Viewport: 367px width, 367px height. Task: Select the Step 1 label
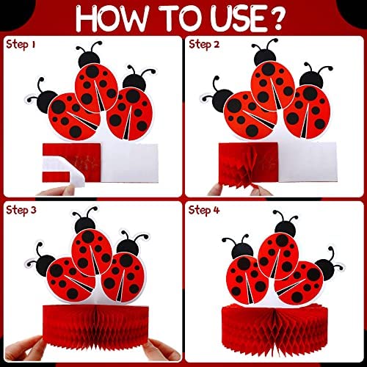tap(21, 45)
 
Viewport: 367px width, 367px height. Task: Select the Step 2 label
tap(204, 45)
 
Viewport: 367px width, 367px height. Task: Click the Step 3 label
tap(21, 211)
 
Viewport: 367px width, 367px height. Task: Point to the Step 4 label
tap(204, 211)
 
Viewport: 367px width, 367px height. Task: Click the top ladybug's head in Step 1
tap(90, 59)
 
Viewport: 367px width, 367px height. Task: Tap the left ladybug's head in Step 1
tap(47, 101)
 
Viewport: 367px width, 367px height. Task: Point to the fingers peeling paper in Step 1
tap(59, 191)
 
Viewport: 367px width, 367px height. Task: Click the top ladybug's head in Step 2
tap(265, 57)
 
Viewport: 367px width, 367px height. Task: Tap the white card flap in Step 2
tap(308, 162)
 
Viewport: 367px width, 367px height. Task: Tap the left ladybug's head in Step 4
tap(242, 251)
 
